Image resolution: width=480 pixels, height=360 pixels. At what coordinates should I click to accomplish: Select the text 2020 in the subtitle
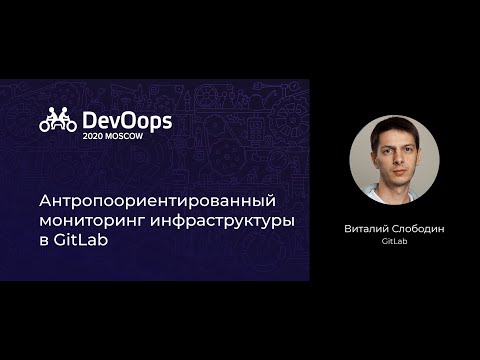coord(96,136)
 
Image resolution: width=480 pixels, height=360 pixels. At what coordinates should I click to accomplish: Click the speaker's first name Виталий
coord(367,228)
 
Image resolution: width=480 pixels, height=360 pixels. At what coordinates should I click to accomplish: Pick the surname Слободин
coord(420,228)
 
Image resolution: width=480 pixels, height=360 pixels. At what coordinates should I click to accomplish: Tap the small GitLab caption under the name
coord(394,241)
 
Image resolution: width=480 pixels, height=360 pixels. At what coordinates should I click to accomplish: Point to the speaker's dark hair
coord(394,128)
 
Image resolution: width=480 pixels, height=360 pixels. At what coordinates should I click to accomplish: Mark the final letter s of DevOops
coord(166,121)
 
